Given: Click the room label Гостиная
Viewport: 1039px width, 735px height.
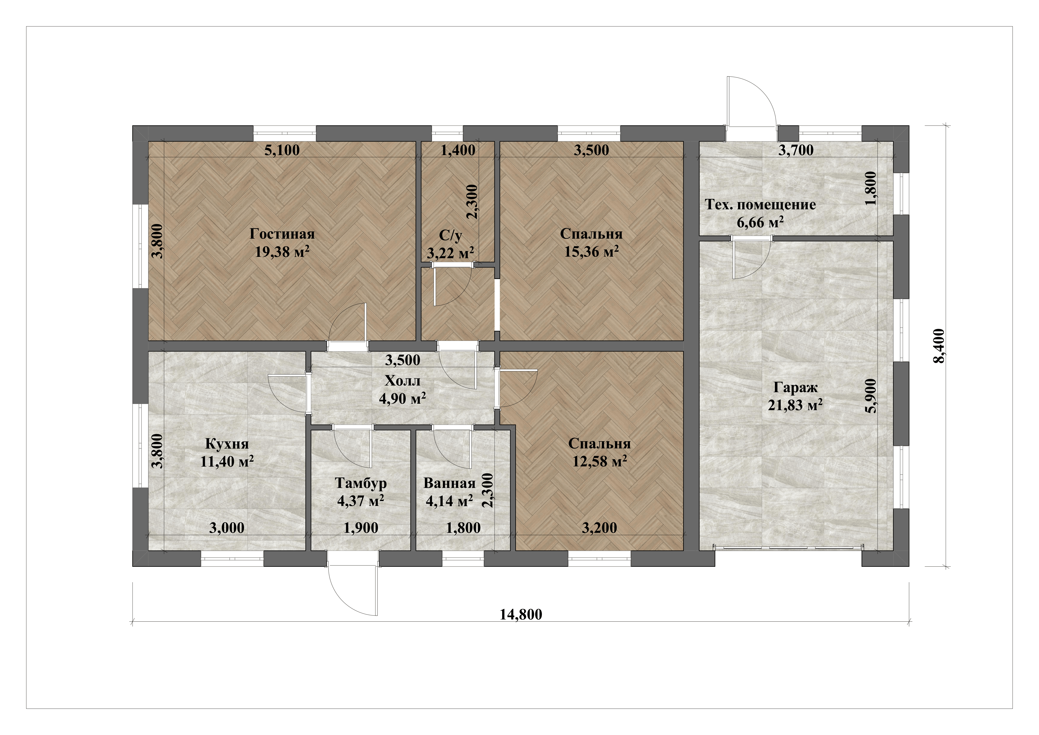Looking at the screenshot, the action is (282, 234).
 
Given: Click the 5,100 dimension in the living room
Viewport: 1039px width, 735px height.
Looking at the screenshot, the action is (282, 150).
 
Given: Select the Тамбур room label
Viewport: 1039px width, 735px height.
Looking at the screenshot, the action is (361, 483).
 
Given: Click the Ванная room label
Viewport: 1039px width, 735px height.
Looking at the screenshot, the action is (449, 483).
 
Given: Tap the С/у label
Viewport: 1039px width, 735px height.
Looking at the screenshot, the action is (450, 235).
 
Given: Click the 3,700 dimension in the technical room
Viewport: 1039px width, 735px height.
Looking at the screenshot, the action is (796, 150).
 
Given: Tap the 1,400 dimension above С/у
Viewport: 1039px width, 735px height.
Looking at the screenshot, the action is (458, 150).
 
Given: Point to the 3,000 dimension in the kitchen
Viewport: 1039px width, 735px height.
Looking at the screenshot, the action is (227, 528).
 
